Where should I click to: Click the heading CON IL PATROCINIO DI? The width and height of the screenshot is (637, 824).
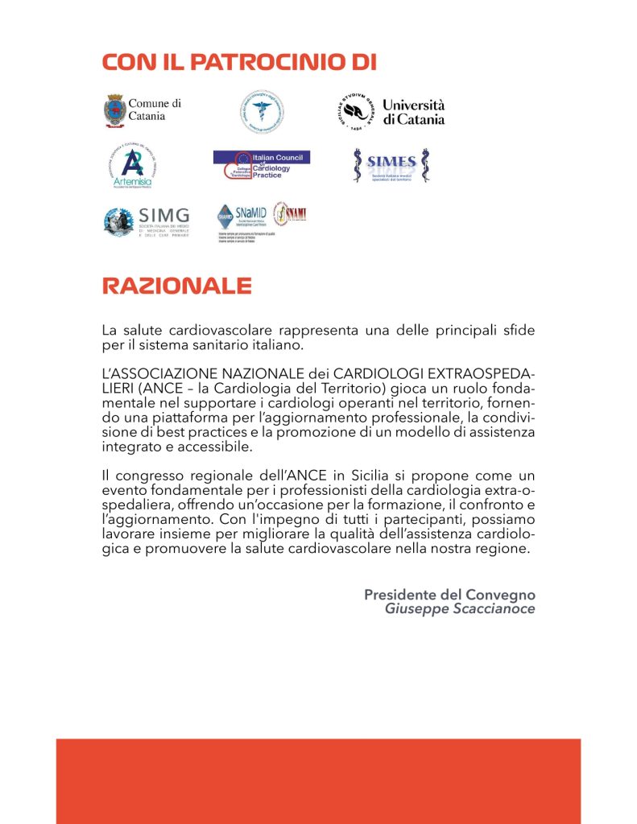click(x=239, y=64)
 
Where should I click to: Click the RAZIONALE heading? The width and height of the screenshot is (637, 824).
click(x=176, y=286)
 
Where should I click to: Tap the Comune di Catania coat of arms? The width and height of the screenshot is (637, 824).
click(x=115, y=110)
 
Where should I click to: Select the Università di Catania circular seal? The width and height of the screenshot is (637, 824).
click(x=355, y=112)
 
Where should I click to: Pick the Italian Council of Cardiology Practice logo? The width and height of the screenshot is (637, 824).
click(x=262, y=165)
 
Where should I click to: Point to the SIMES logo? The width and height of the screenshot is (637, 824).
click(x=392, y=165)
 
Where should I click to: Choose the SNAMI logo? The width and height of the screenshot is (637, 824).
click(x=290, y=215)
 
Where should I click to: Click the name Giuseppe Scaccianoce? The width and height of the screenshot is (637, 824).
click(x=460, y=609)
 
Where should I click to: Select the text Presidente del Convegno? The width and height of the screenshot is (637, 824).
click(x=449, y=595)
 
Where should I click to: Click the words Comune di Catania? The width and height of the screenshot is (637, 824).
click(x=154, y=109)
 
